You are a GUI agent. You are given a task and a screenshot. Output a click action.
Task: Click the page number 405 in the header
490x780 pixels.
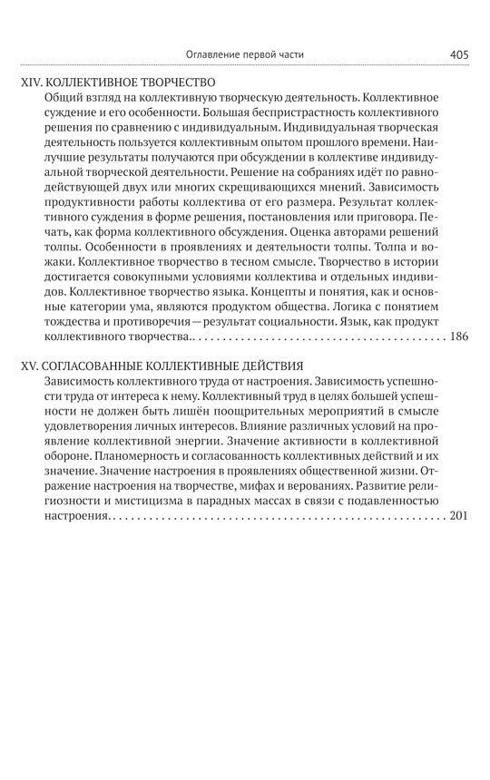pos(458,54)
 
